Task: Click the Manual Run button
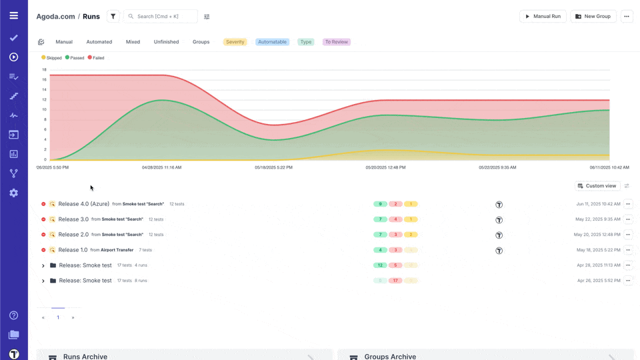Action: pos(543,16)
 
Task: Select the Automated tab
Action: pos(99,42)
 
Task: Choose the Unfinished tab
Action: pos(166,42)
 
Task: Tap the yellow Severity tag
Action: pos(235,42)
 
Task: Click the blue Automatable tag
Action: pos(272,42)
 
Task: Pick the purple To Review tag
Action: pos(336,42)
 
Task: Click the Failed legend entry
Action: pos(96,58)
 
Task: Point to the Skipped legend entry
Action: pos(51,58)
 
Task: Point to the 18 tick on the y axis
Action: pos(45,69)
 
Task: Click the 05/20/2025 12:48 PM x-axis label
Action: pos(385,167)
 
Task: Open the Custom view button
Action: pos(597,186)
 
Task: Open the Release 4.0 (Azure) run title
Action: pos(83,204)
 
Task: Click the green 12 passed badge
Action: pos(380,265)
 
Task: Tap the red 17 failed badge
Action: pos(395,281)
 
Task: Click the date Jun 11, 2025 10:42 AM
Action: pos(598,204)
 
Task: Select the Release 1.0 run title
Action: pos(73,250)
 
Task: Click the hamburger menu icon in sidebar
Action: pos(14,15)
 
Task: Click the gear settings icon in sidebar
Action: pos(14,193)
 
